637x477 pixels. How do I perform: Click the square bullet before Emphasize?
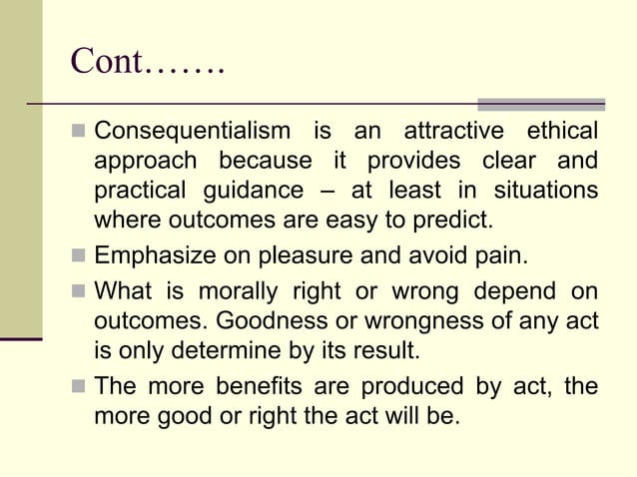[79, 256]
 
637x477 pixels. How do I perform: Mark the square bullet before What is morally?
[79, 294]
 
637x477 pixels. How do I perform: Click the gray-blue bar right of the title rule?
[541, 104]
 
